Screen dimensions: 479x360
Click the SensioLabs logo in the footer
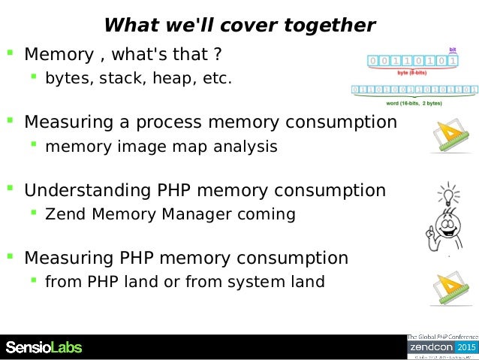pos(44,347)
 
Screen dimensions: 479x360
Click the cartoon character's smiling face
pos(447,222)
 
